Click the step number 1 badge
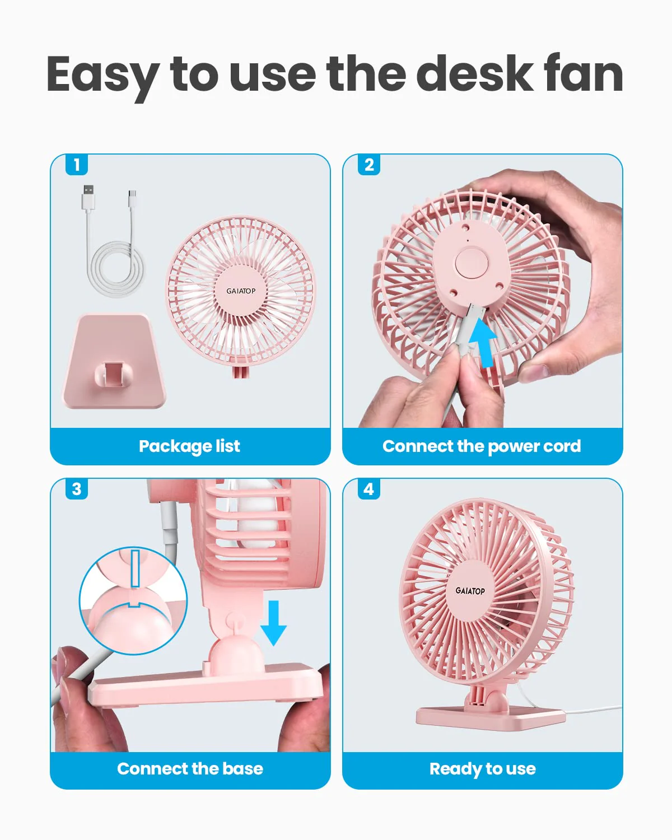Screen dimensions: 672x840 click(77, 164)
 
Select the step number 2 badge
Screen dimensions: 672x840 click(369, 164)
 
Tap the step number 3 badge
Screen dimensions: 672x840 click(77, 489)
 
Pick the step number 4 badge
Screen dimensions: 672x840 click(369, 489)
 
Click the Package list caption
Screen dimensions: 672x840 click(189, 446)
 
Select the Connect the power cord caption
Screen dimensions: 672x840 click(482, 446)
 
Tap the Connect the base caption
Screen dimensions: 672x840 click(190, 768)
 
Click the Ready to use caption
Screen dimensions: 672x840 click(483, 769)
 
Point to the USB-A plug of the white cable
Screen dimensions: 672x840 click(88, 198)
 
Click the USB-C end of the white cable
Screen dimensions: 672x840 click(133, 199)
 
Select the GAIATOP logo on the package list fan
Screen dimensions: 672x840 click(241, 291)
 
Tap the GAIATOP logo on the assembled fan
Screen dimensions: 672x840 click(470, 591)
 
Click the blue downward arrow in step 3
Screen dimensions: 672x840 click(274, 623)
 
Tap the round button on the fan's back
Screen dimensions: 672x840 click(472, 263)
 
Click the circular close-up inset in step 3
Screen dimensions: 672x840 click(133, 601)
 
